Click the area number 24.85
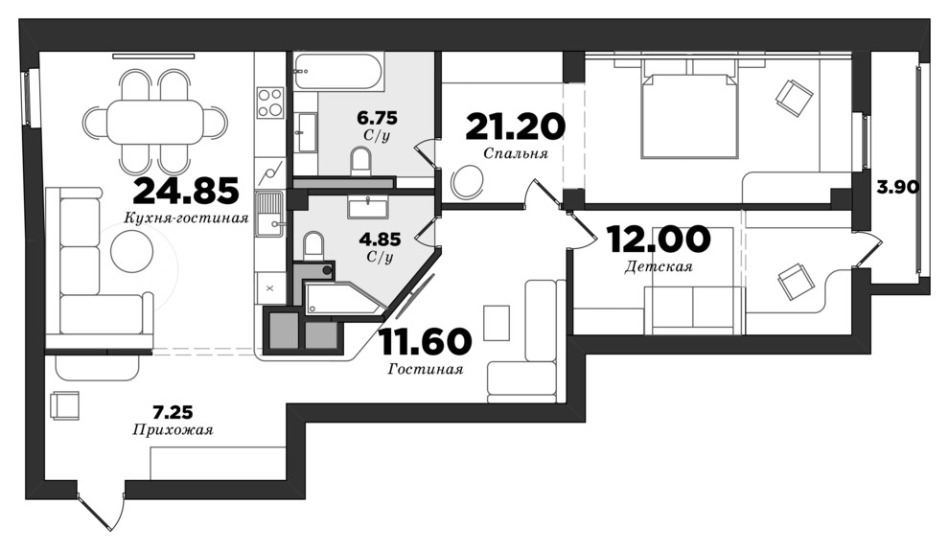186,191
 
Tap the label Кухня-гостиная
187,218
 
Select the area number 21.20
516,126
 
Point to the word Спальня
516,153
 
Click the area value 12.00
659,239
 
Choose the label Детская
659,266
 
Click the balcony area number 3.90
898,188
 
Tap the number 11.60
425,341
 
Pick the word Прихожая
173,430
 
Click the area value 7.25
173,413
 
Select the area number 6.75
377,116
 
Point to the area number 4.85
381,240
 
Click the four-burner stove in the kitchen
270,103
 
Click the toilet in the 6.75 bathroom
362,163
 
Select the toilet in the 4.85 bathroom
312,245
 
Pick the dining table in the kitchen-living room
155,122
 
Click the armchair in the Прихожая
65,405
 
